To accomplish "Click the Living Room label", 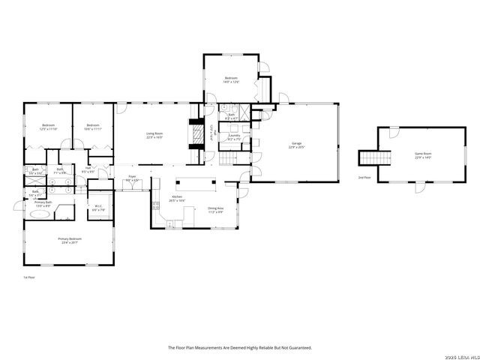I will click(x=154, y=136).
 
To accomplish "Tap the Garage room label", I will click(x=298, y=145).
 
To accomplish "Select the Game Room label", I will click(x=424, y=155).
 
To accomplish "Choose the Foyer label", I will click(x=132, y=178).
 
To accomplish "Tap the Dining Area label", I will click(x=215, y=210).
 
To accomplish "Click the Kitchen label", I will click(x=176, y=199).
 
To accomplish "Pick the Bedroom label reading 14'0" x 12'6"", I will click(x=232, y=79).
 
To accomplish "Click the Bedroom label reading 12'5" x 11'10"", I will click(x=48, y=127).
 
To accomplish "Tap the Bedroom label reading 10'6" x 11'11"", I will click(x=92, y=127).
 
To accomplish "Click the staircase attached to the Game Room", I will click(x=375, y=157).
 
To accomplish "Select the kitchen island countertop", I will click(x=195, y=181).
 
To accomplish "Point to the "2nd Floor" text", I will click(x=364, y=178).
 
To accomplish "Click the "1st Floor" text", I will click(x=31, y=277).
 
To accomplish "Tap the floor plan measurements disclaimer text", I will click(x=239, y=347).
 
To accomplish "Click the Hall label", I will click(x=88, y=170).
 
